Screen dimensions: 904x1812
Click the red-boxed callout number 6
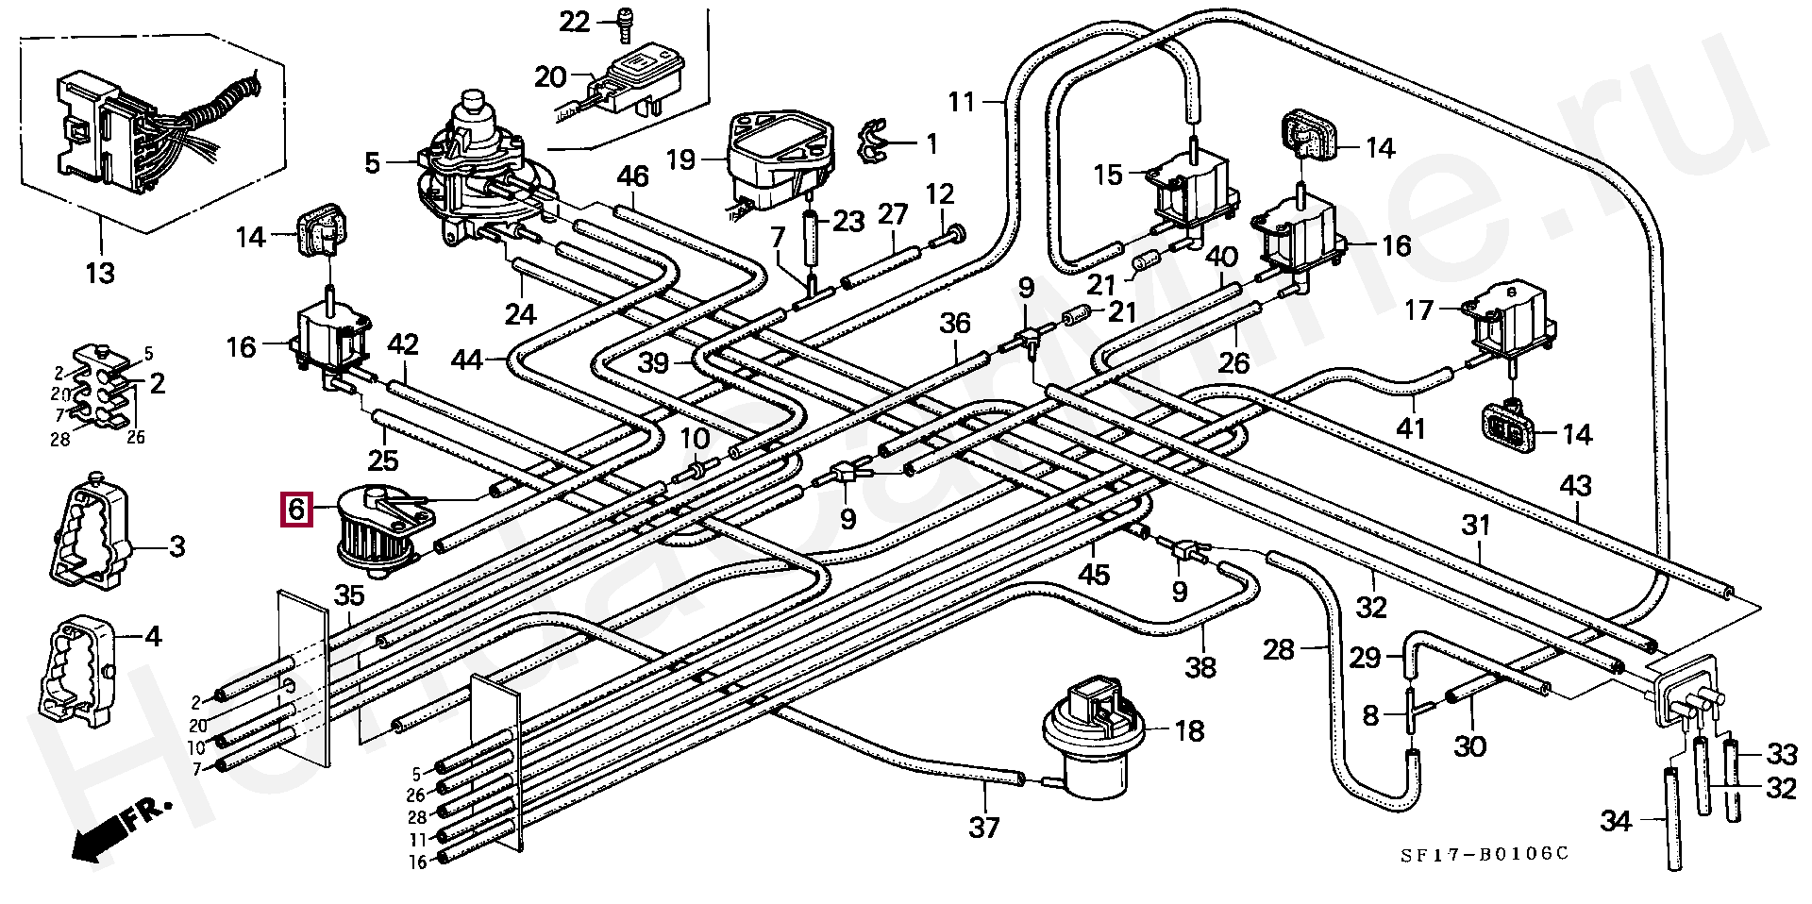click(296, 511)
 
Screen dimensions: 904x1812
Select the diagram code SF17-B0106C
click(1484, 853)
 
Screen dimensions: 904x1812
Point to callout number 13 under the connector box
click(99, 274)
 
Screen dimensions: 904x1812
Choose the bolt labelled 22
click(625, 24)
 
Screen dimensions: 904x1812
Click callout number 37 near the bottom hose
click(984, 828)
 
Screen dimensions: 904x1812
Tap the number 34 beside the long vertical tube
click(1617, 822)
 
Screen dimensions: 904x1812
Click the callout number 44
click(467, 360)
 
